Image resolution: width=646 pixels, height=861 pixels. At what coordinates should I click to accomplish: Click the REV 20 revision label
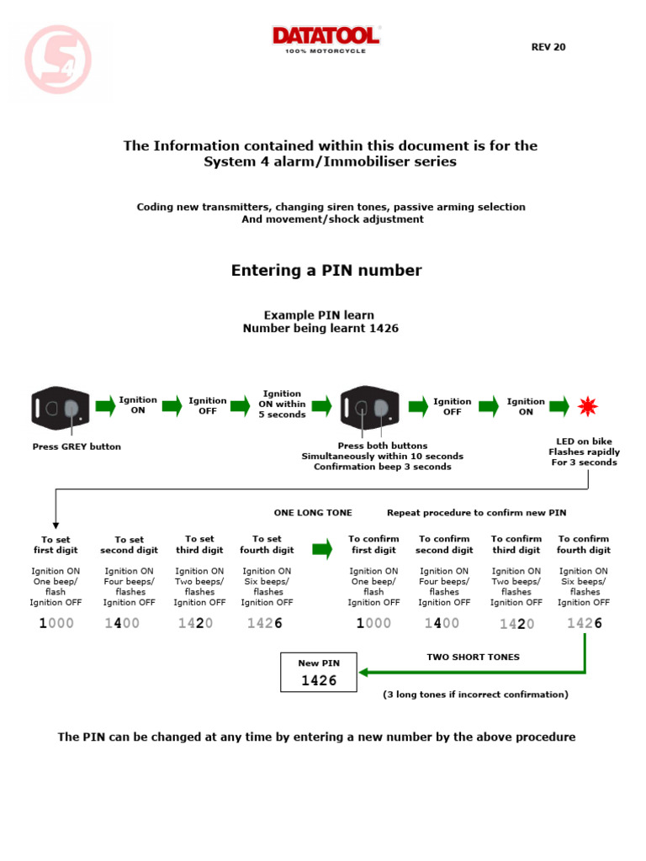tap(548, 47)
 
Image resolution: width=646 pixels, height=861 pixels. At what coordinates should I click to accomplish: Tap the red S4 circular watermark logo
tap(58, 60)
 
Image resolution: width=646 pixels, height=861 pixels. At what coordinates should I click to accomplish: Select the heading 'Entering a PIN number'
tap(326, 271)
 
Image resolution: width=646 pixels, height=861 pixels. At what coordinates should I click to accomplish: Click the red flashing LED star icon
tap(586, 408)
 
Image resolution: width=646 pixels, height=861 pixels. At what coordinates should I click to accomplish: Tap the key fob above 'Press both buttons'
tap(370, 408)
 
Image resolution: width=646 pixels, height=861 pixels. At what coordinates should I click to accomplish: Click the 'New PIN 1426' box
tap(319, 673)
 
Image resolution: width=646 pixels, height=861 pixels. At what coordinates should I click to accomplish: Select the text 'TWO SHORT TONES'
tap(473, 657)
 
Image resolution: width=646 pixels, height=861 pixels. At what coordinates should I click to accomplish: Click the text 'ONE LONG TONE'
tap(313, 512)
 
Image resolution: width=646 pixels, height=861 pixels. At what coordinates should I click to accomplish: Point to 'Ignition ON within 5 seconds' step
tap(282, 404)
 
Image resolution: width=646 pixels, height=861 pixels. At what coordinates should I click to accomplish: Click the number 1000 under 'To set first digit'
tap(56, 623)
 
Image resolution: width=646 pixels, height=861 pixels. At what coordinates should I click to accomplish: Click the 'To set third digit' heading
tap(199, 544)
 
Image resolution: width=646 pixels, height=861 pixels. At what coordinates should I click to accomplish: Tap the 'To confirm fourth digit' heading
tap(584, 544)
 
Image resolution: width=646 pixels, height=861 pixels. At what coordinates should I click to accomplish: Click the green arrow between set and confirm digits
tap(321, 550)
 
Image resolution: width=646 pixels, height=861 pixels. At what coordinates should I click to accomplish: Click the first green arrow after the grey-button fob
tap(105, 407)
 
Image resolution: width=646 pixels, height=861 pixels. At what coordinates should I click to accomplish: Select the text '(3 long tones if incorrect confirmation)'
tap(475, 695)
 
